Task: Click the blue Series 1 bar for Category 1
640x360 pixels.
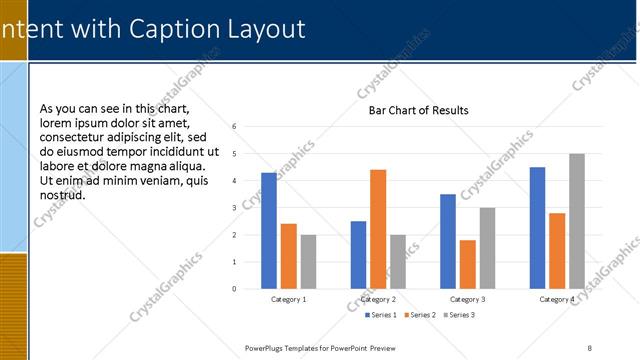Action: click(x=269, y=231)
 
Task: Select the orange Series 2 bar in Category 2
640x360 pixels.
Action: click(x=378, y=229)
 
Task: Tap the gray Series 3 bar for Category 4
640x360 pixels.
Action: click(x=577, y=221)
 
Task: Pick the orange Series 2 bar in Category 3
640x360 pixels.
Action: click(x=467, y=264)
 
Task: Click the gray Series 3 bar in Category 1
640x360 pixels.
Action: click(x=308, y=262)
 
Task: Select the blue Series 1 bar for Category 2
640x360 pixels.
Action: click(x=358, y=255)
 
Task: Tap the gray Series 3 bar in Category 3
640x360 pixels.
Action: click(x=487, y=248)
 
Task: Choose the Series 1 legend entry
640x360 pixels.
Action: click(x=380, y=315)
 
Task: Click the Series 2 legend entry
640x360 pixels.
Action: click(x=419, y=315)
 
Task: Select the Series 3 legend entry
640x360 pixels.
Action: click(x=458, y=315)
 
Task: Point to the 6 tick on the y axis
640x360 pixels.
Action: click(x=233, y=127)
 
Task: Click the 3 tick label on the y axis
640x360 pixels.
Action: click(x=233, y=208)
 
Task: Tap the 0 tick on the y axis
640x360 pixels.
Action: click(x=233, y=289)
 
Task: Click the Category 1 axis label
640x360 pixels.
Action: click(x=289, y=300)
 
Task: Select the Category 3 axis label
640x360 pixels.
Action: click(x=467, y=300)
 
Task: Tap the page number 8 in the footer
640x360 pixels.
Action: click(x=590, y=347)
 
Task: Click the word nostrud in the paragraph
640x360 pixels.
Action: click(x=62, y=194)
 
